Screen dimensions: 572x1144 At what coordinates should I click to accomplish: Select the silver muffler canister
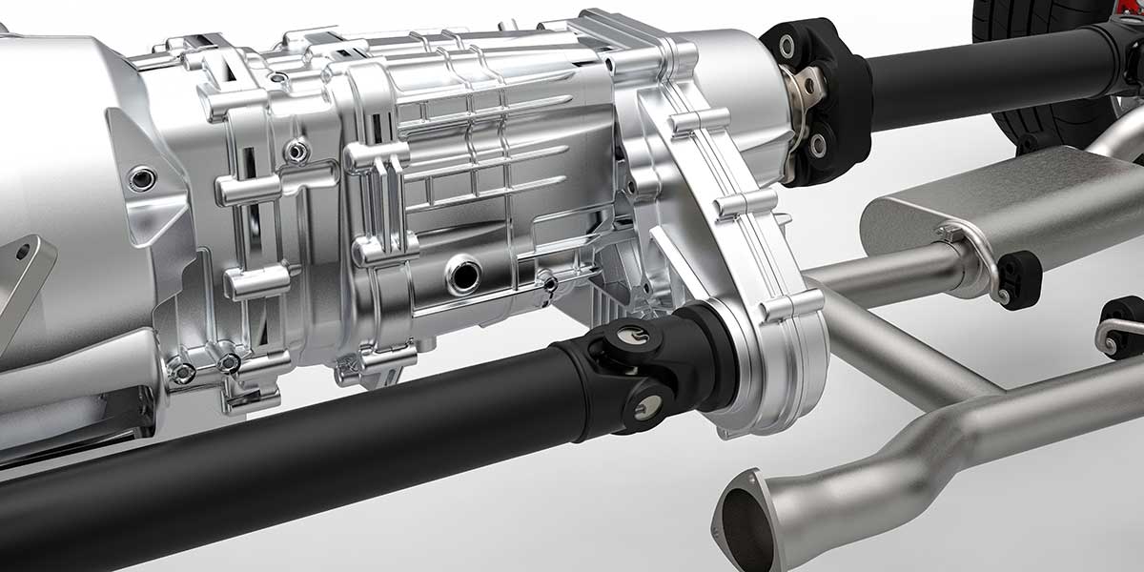point(1011,205)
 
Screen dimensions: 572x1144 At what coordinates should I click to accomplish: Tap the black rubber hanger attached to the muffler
point(1018,279)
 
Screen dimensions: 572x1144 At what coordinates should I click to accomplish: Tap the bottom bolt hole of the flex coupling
point(817,146)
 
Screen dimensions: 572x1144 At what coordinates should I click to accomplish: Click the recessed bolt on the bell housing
point(141,178)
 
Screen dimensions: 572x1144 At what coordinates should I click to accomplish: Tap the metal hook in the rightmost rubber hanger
point(1109,334)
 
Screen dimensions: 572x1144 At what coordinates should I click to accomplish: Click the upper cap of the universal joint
point(630,333)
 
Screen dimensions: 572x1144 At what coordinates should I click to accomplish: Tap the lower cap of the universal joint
point(647,406)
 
